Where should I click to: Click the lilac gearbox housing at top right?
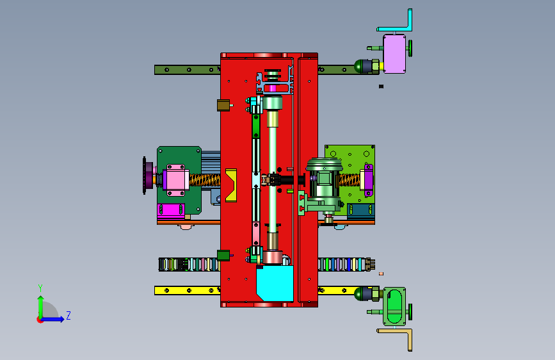(x=394, y=54)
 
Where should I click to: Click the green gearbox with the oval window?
(x=394, y=306)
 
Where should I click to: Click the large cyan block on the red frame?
(x=275, y=284)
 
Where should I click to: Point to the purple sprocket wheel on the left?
(x=148, y=176)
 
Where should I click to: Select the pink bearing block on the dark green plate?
(x=175, y=180)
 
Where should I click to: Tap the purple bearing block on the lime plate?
(x=368, y=180)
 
